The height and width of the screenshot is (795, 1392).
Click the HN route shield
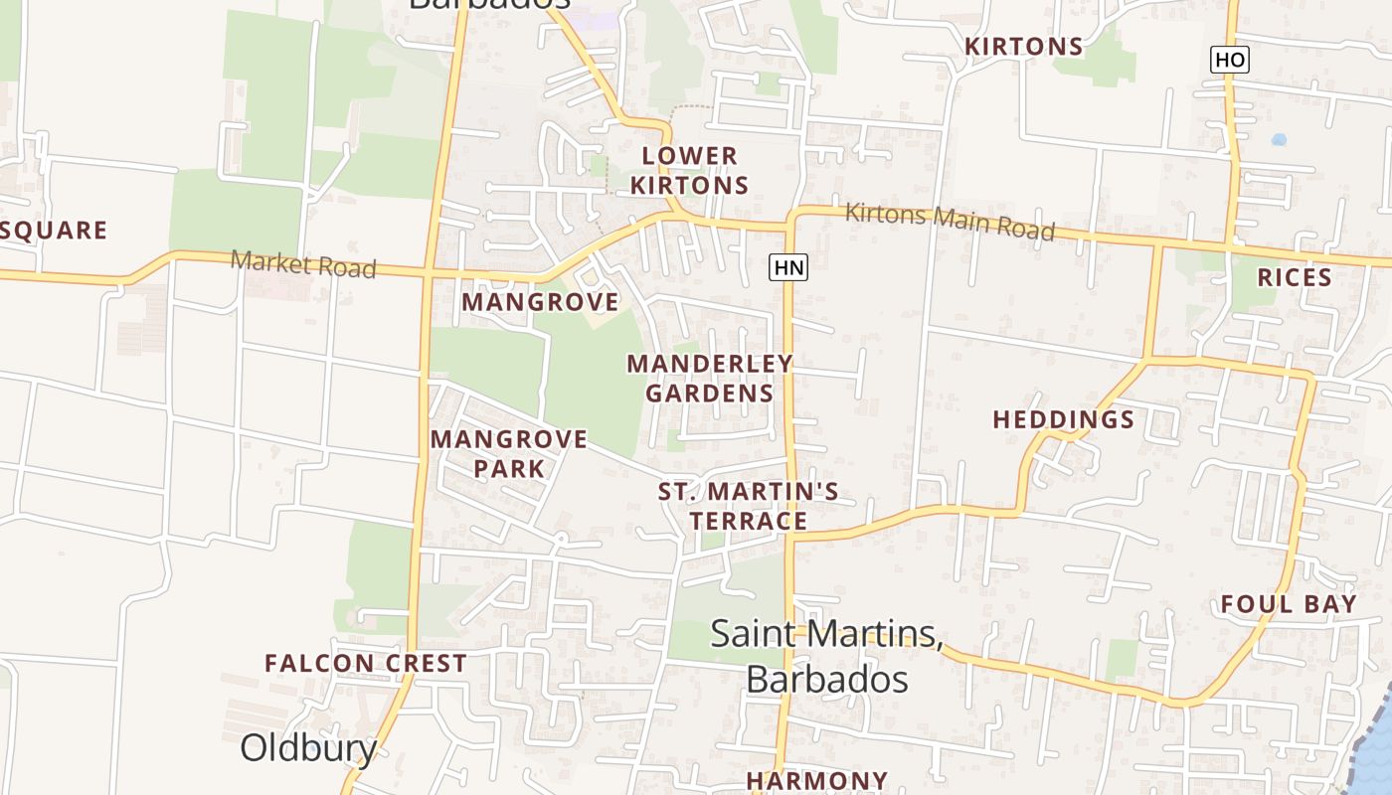pyautogui.click(x=788, y=266)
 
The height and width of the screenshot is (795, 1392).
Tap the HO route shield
pyautogui.click(x=1229, y=60)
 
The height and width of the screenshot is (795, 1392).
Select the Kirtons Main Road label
pyautogui.click(x=950, y=221)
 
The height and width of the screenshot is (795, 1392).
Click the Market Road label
pyautogui.click(x=303, y=264)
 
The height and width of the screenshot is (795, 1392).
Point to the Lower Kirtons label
pyautogui.click(x=689, y=170)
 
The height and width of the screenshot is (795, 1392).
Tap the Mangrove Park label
pyautogui.click(x=509, y=453)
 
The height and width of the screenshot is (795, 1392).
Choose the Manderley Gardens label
pyautogui.click(x=709, y=378)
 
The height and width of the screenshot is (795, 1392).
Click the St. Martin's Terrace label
pyautogui.click(x=749, y=506)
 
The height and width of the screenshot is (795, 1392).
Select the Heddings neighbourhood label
pyautogui.click(x=1063, y=419)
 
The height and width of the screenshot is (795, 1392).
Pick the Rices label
pyautogui.click(x=1295, y=277)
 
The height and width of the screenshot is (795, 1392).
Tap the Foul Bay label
pyautogui.click(x=1289, y=604)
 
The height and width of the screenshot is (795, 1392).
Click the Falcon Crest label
pyautogui.click(x=366, y=663)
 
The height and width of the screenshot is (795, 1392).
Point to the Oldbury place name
pyautogui.click(x=308, y=747)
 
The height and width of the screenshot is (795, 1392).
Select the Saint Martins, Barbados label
pyautogui.click(x=826, y=656)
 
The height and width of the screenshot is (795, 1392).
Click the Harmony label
pyautogui.click(x=816, y=781)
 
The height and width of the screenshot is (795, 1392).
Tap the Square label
pyautogui.click(x=54, y=231)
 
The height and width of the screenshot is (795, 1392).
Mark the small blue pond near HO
pyautogui.click(x=1279, y=139)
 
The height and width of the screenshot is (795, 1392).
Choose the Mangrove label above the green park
pyautogui.click(x=540, y=301)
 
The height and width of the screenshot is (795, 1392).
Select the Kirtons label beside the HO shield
pyautogui.click(x=1023, y=47)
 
